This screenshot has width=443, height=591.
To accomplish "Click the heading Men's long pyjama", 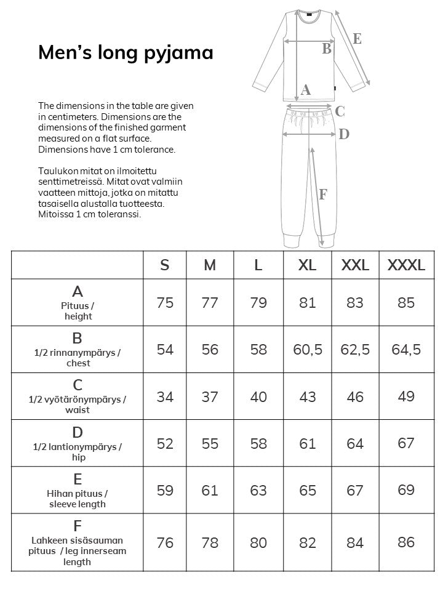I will pyautogui.click(x=126, y=52).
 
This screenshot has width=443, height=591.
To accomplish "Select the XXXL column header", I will pyautogui.click(x=405, y=265).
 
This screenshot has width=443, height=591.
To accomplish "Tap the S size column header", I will pyautogui.click(x=165, y=265).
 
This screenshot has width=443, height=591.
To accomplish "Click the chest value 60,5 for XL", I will pyautogui.click(x=308, y=350).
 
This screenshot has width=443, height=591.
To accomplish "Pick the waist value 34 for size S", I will pyautogui.click(x=165, y=397).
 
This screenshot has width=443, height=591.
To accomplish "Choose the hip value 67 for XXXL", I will pyautogui.click(x=406, y=443).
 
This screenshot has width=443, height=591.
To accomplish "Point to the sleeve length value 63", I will pyautogui.click(x=258, y=491).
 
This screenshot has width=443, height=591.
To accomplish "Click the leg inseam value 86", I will pyautogui.click(x=406, y=542).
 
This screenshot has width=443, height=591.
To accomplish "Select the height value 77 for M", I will pyautogui.click(x=210, y=303).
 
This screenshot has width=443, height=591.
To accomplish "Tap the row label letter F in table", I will pyautogui.click(x=78, y=526).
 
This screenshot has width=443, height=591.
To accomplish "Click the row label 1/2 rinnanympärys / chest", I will pyautogui.click(x=78, y=358).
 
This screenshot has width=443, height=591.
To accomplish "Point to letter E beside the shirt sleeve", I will pyautogui.click(x=357, y=39).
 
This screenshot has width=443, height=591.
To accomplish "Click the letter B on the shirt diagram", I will pyautogui.click(x=327, y=49).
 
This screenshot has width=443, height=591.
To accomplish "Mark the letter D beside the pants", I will pyautogui.click(x=344, y=134).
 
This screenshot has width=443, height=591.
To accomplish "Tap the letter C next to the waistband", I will pyautogui.click(x=340, y=112).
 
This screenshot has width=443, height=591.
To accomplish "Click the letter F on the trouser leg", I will pyautogui.click(x=323, y=195).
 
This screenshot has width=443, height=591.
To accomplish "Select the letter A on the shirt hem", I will pyautogui.click(x=306, y=90).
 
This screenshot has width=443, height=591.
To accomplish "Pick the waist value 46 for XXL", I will pyautogui.click(x=355, y=397).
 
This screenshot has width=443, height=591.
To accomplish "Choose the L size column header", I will pyautogui.click(x=258, y=265).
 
